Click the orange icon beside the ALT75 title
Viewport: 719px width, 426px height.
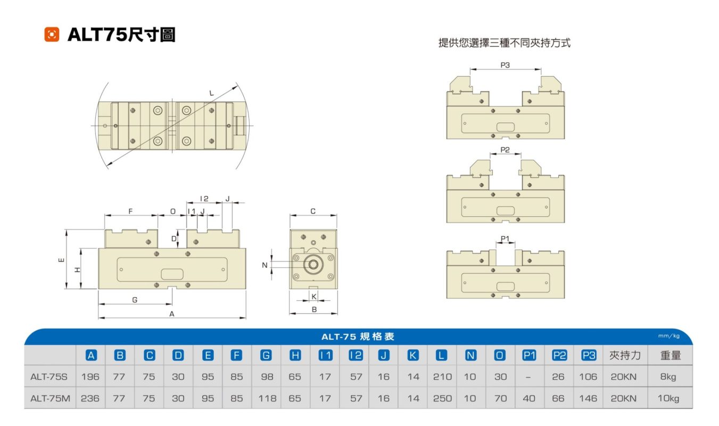52,35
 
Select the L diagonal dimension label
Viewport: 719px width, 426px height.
212,93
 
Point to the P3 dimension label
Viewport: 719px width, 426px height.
505,65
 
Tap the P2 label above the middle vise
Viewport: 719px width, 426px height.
505,150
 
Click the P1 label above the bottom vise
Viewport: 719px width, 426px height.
505,238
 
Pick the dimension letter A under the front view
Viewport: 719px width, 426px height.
172,314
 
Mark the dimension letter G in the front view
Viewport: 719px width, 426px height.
135,300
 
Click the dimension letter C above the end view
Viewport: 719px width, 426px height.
313,211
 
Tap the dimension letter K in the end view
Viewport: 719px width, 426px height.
313,296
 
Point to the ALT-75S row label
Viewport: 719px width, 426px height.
49,376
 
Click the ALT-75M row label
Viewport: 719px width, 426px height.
50,398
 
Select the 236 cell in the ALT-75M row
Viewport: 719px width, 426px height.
90,398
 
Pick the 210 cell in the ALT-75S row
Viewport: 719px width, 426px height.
442,376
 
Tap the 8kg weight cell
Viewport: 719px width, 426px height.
670,376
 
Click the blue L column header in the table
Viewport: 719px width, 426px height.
442,355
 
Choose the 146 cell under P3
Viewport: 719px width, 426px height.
588,398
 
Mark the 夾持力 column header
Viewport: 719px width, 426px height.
625,355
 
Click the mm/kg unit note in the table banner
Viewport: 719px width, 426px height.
669,336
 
